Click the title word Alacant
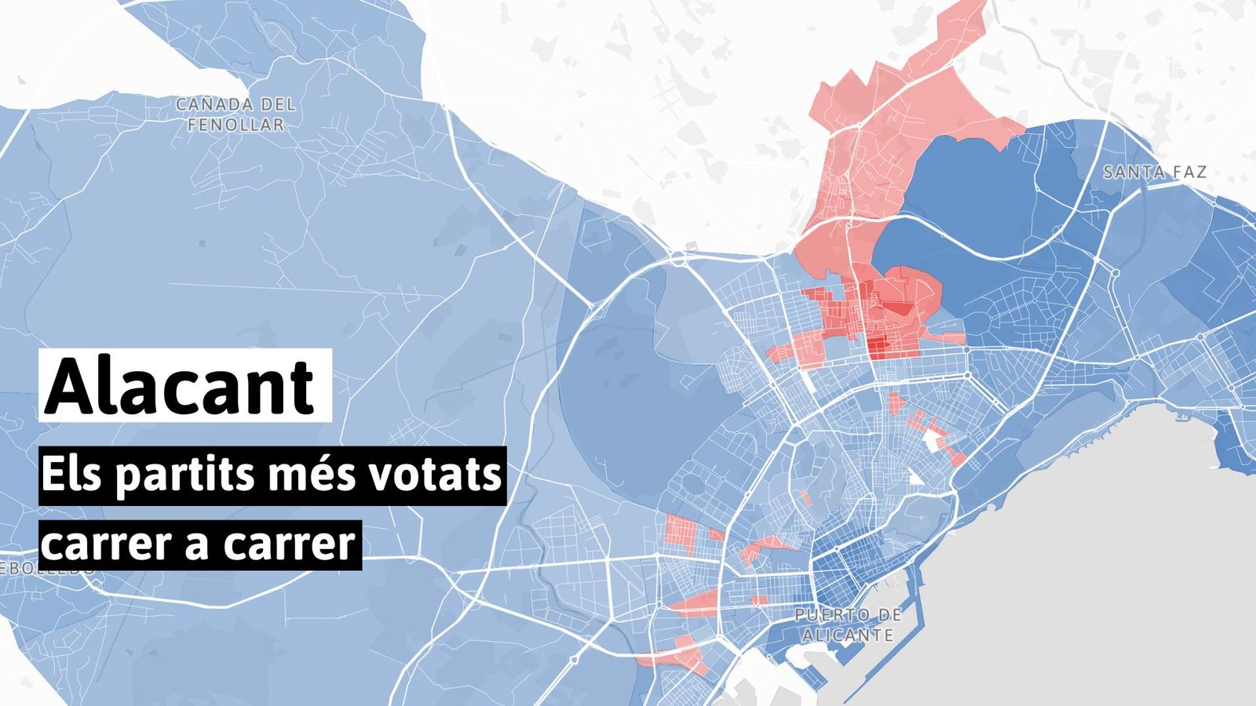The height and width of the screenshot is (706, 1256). coord(181,387)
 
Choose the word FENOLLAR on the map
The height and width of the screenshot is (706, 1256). coord(236,125)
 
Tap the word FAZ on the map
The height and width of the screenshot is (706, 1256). coord(1190,173)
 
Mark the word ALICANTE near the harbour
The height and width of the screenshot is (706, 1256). coord(848,635)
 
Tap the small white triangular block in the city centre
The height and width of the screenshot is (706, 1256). coord(914,477)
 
